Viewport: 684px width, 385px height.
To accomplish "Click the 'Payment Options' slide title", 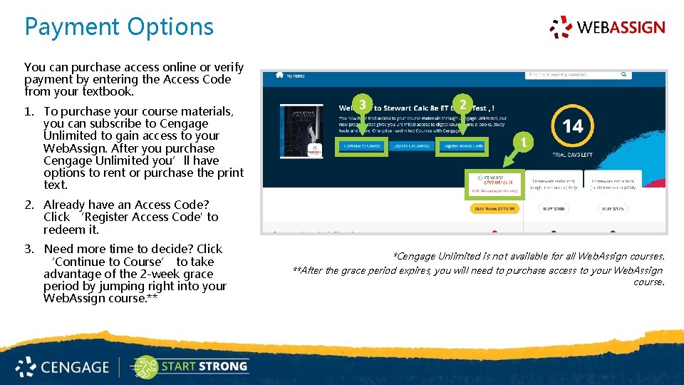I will point(119,27).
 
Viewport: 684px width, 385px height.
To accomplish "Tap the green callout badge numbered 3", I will point(363,105).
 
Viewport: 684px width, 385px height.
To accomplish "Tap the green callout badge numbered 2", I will point(463,105).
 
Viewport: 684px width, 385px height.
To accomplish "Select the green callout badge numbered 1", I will point(523,143).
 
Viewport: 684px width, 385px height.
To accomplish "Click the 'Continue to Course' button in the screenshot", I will point(362,146).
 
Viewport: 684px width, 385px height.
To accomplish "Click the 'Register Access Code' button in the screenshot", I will point(462,146).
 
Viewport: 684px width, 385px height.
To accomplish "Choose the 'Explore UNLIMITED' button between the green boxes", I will point(412,146).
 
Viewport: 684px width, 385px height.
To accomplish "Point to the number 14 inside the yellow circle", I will point(573,127).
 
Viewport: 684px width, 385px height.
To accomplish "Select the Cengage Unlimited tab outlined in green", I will point(494,183).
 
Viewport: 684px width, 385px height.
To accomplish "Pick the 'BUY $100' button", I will point(553,209).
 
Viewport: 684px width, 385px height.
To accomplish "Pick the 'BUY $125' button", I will point(613,209).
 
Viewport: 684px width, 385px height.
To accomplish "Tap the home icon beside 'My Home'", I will point(279,75).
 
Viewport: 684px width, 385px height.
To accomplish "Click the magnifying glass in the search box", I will point(623,74).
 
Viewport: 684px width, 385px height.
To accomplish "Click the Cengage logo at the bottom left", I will point(63,367).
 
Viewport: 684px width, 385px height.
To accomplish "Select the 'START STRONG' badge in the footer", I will point(190,367).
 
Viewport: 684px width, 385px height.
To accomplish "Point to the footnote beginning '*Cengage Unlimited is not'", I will point(529,256).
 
